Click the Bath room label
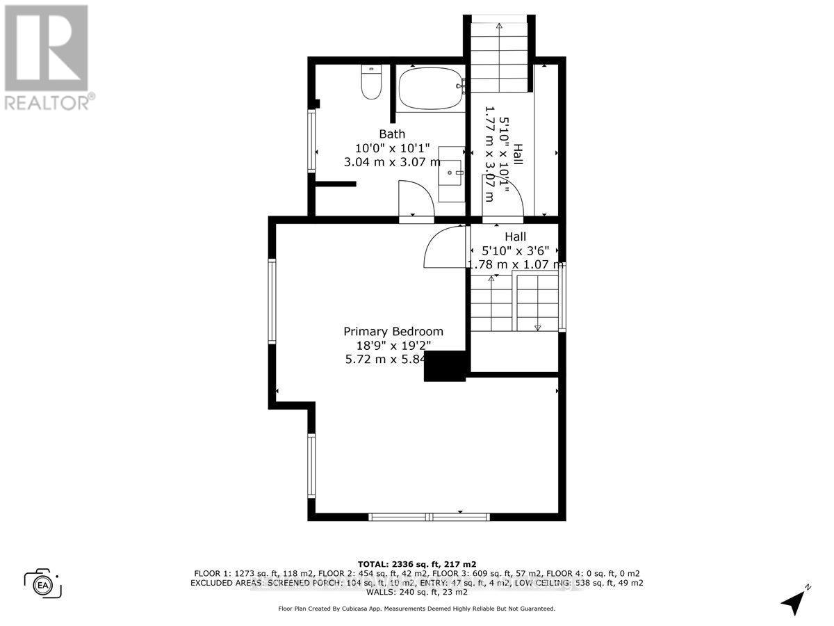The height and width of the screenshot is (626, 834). coord(392,134)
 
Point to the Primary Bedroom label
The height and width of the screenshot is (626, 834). coord(393,332)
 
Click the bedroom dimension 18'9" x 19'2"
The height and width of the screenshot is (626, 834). coord(393,346)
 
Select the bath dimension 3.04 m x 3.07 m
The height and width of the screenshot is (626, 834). coord(392,162)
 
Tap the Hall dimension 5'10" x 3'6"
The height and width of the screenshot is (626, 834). coord(515,250)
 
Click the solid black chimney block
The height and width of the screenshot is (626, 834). coord(444,367)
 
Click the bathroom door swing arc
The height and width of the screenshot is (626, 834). coord(416,198)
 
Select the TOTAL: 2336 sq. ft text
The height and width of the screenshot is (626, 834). coord(416,563)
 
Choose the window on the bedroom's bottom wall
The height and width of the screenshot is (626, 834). coord(429,517)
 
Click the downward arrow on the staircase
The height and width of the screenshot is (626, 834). coord(537,327)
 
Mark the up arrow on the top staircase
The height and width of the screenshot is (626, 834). coord(499,26)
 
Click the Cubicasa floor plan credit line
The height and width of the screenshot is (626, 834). coord(416,609)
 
